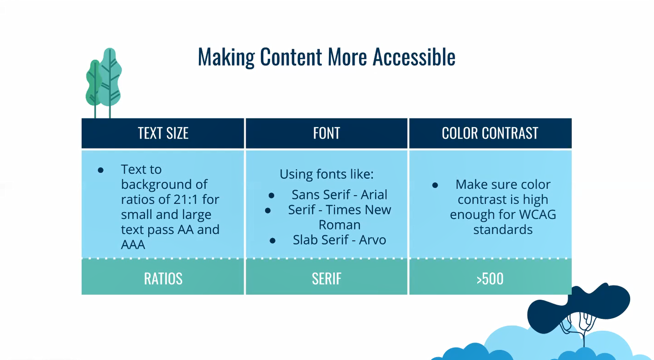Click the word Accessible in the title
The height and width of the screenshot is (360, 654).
[414, 56]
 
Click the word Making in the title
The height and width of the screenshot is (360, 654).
[226, 57]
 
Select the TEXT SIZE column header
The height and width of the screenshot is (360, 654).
[163, 133]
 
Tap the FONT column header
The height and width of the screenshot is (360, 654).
[327, 133]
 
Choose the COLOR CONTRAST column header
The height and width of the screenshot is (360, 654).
[490, 133]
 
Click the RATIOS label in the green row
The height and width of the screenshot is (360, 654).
[163, 279]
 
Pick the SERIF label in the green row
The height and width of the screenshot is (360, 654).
[327, 279]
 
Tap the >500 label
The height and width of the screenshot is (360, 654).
[490, 279]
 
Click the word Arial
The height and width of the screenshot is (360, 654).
[374, 195]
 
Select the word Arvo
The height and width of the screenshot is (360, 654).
[372, 240]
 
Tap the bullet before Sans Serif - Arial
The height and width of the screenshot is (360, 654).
[272, 196]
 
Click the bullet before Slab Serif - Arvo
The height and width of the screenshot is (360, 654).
[272, 241]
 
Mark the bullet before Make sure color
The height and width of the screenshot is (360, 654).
[435, 185]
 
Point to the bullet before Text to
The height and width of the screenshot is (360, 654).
[101, 170]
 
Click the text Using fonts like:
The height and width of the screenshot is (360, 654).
[327, 175]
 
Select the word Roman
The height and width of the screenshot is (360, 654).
[339, 225]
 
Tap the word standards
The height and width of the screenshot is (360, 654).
[503, 229]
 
